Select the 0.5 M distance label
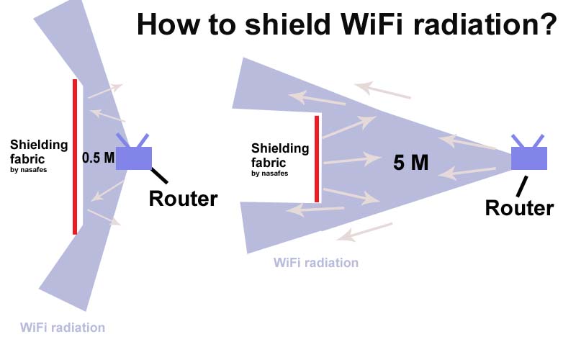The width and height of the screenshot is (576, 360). (x=98, y=158)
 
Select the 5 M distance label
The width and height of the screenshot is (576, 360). (x=410, y=163)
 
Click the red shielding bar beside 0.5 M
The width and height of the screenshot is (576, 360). (x=75, y=156)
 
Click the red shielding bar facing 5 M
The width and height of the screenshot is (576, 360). (x=317, y=158)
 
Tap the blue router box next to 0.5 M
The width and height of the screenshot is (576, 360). (x=134, y=158)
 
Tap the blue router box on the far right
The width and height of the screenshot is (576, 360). (x=529, y=158)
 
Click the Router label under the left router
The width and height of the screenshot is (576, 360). (x=183, y=199)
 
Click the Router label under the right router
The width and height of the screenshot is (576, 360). (x=519, y=208)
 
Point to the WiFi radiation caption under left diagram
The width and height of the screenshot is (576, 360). (x=63, y=328)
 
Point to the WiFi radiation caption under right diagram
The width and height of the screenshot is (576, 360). (x=316, y=263)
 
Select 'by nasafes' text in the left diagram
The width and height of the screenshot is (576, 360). (x=29, y=170)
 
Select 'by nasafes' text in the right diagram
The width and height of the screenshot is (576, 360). (x=269, y=174)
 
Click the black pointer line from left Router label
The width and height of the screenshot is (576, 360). (x=159, y=176)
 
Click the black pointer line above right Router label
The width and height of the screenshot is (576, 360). (x=522, y=186)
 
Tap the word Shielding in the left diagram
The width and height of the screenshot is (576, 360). (x=39, y=145)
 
